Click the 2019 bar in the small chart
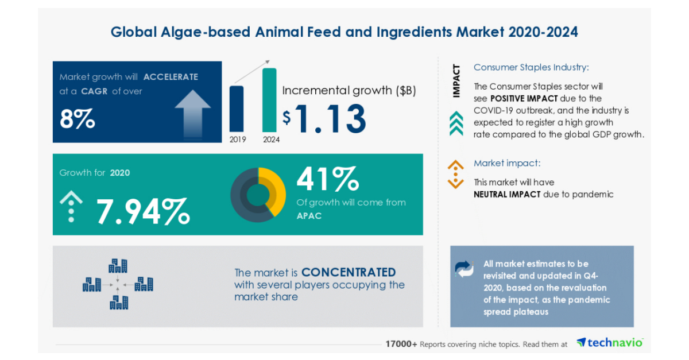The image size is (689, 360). (x=236, y=109)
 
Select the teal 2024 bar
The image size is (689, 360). (x=269, y=100)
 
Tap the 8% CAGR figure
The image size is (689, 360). (x=77, y=119)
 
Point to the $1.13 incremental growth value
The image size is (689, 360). (x=324, y=118)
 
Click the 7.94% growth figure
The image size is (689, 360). (x=142, y=211)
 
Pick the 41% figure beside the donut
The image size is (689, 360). (x=327, y=180)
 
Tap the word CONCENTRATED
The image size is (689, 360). (x=349, y=272)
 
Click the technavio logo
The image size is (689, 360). (x=610, y=343)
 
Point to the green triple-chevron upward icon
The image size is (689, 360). (x=456, y=123)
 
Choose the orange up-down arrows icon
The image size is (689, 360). (x=455, y=174)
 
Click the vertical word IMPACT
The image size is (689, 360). (x=456, y=81)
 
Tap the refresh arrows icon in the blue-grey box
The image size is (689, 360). (x=465, y=269)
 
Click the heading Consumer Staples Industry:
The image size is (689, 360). (x=531, y=67)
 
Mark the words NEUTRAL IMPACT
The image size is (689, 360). (x=507, y=194)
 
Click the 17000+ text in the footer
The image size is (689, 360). (x=401, y=344)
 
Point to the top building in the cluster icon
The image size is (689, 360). (x=118, y=266)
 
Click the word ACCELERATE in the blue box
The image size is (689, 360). (x=171, y=77)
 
